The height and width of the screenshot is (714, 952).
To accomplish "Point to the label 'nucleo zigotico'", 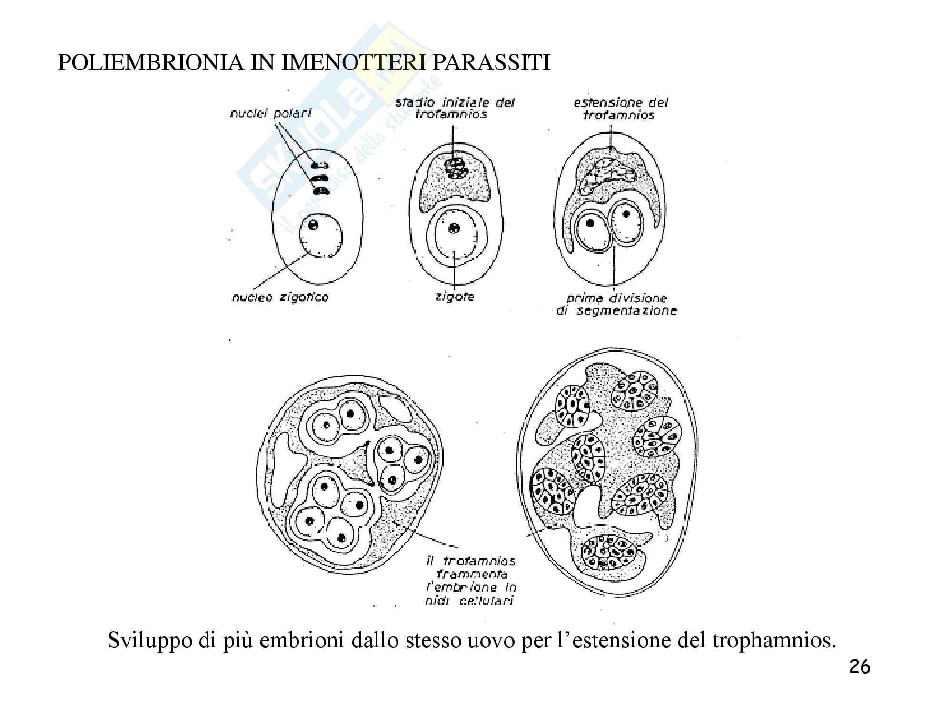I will pos(280,297).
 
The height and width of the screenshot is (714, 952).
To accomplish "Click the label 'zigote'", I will pos(455,297).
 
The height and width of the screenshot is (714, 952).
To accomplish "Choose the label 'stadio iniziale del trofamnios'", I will pos(455,108).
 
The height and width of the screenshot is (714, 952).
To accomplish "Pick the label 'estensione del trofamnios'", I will pos(620,109).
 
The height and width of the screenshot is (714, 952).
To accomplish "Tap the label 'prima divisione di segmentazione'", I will pos(616,305).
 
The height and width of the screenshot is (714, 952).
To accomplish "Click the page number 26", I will pos(859,667).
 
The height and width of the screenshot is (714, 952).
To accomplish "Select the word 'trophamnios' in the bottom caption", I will pos(773,641).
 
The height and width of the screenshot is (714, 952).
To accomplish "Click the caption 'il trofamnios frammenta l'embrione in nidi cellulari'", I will pos(470,581).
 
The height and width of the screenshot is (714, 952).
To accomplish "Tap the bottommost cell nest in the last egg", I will pos(610,552).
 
